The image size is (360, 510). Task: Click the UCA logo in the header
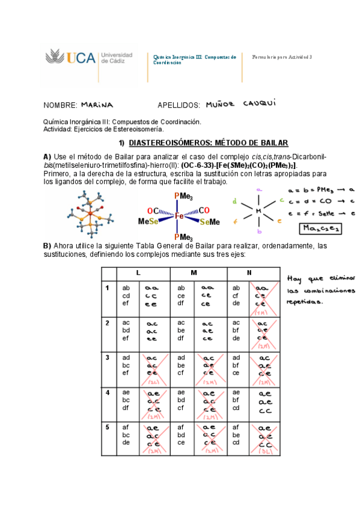point(70,58)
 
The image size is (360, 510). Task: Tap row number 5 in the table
point(108,428)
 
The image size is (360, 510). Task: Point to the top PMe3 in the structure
point(183,196)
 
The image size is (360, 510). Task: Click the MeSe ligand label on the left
point(148,222)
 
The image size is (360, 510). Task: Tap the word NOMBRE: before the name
point(61,105)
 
